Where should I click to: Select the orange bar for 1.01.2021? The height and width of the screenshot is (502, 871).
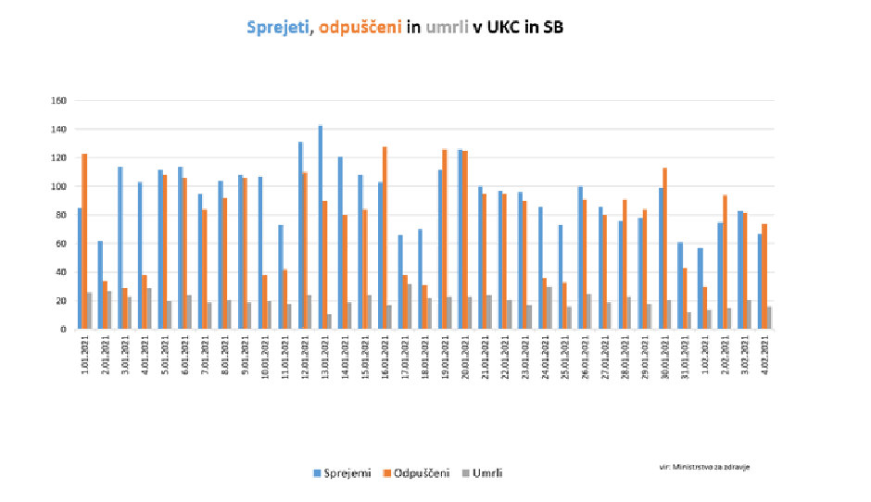click(x=84, y=241)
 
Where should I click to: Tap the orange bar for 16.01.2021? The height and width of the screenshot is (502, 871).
click(x=385, y=237)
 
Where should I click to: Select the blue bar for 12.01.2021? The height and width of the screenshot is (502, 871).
click(x=300, y=235)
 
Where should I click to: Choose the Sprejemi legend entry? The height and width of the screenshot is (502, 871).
click(x=345, y=473)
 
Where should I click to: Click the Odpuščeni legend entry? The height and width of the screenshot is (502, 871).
click(x=417, y=473)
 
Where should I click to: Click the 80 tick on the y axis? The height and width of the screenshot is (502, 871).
click(x=63, y=215)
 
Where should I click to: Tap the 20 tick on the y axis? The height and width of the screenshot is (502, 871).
click(x=63, y=300)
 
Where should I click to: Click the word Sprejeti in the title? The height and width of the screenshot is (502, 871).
click(x=279, y=28)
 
